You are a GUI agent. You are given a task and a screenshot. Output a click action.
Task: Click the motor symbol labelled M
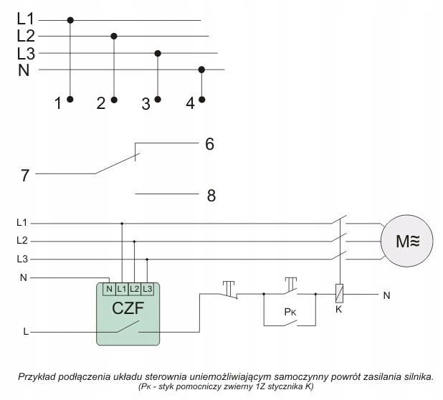click(x=406, y=241)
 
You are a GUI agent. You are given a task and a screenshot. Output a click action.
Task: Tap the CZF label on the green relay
click(x=128, y=308)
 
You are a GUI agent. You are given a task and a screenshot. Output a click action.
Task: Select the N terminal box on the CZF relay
click(x=109, y=289)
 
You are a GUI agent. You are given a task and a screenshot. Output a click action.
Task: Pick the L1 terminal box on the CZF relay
click(x=122, y=289)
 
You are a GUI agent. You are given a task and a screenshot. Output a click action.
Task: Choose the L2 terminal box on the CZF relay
click(x=135, y=289)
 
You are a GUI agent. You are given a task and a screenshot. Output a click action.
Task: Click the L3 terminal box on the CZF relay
click(x=147, y=289)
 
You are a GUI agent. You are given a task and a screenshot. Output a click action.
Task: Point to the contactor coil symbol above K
click(x=339, y=293)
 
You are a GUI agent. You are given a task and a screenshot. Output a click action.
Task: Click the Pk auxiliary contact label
click(x=290, y=312)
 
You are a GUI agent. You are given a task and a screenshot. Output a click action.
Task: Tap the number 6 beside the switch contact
click(x=209, y=144)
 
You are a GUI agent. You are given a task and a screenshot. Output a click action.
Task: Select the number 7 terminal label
click(x=25, y=175)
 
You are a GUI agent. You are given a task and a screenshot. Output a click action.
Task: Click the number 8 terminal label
click(x=211, y=196)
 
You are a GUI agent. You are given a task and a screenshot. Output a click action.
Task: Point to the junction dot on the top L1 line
click(x=70, y=20)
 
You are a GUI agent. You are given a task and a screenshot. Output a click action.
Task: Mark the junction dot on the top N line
click(x=201, y=70)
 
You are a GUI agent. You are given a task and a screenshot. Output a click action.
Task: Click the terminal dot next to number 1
click(x=70, y=99)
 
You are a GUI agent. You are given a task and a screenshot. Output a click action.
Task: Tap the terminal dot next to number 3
click(x=158, y=99)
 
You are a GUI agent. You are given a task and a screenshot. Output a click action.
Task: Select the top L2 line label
click(x=26, y=36)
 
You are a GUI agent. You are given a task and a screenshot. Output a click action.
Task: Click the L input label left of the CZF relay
click(x=26, y=332)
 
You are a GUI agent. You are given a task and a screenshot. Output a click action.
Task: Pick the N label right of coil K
click(x=386, y=295)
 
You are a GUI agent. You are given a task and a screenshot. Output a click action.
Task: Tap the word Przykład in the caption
click(x=37, y=377)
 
